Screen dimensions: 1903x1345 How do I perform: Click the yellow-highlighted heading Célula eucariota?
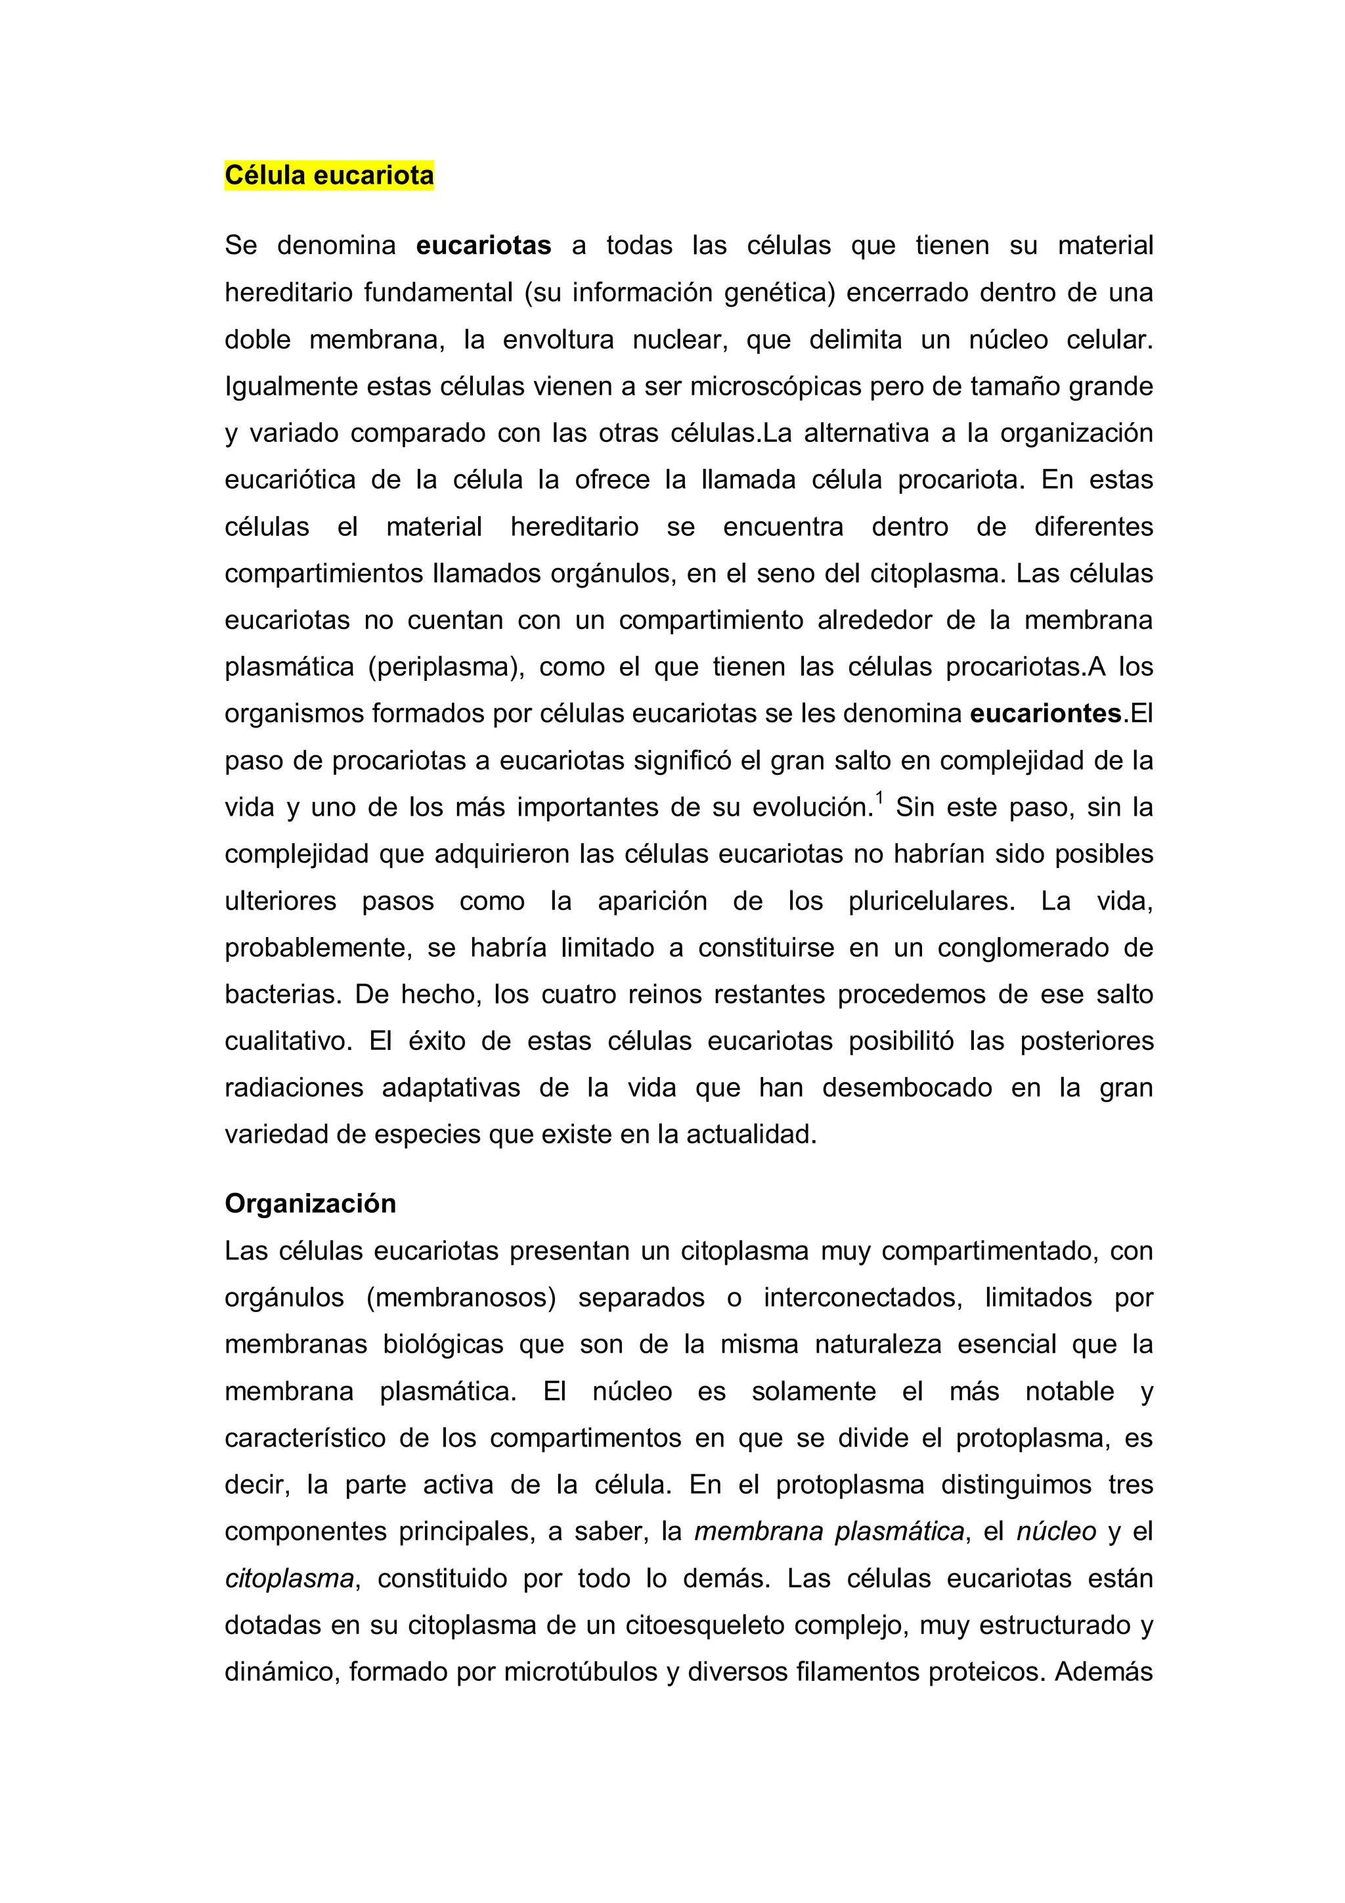tap(329, 176)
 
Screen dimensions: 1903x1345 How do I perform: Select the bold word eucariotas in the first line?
tap(484, 246)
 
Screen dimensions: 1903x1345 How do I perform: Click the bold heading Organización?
tap(310, 1204)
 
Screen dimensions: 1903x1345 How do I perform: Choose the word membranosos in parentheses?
tap(461, 1298)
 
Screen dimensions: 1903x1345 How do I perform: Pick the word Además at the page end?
tap(1103, 1673)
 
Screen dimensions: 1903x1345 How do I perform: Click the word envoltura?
tap(558, 340)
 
